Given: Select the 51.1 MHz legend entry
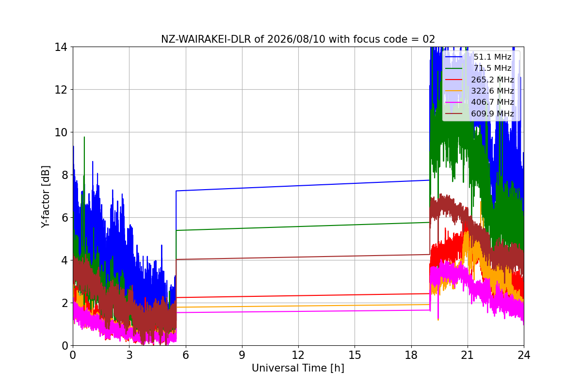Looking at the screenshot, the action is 478,57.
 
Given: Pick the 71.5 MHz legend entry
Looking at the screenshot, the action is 478,68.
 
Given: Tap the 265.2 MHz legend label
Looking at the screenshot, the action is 493,80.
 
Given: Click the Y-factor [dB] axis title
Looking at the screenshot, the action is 46,197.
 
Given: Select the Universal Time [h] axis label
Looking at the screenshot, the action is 298,368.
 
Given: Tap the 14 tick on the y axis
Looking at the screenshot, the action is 61,48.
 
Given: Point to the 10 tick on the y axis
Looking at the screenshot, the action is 61,132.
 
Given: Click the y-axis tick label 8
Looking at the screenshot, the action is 65,175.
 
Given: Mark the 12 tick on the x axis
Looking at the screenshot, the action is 298,355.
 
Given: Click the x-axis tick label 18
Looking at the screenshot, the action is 411,355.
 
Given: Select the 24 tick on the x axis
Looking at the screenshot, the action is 524,355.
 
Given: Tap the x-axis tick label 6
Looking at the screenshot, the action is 185,355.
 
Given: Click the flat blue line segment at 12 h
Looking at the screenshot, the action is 298,186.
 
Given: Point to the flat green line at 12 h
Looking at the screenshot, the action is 298,226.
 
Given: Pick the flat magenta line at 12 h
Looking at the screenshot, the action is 298,311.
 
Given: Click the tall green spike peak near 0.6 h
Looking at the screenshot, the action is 84,137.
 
